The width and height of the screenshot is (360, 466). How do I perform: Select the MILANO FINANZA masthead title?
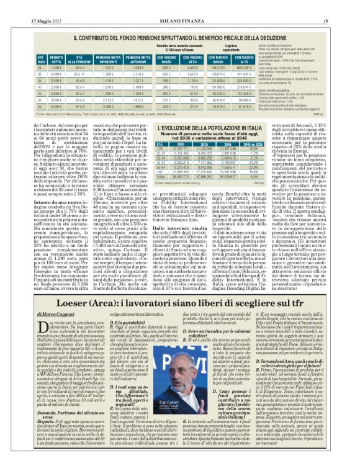[x=179, y=6]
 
